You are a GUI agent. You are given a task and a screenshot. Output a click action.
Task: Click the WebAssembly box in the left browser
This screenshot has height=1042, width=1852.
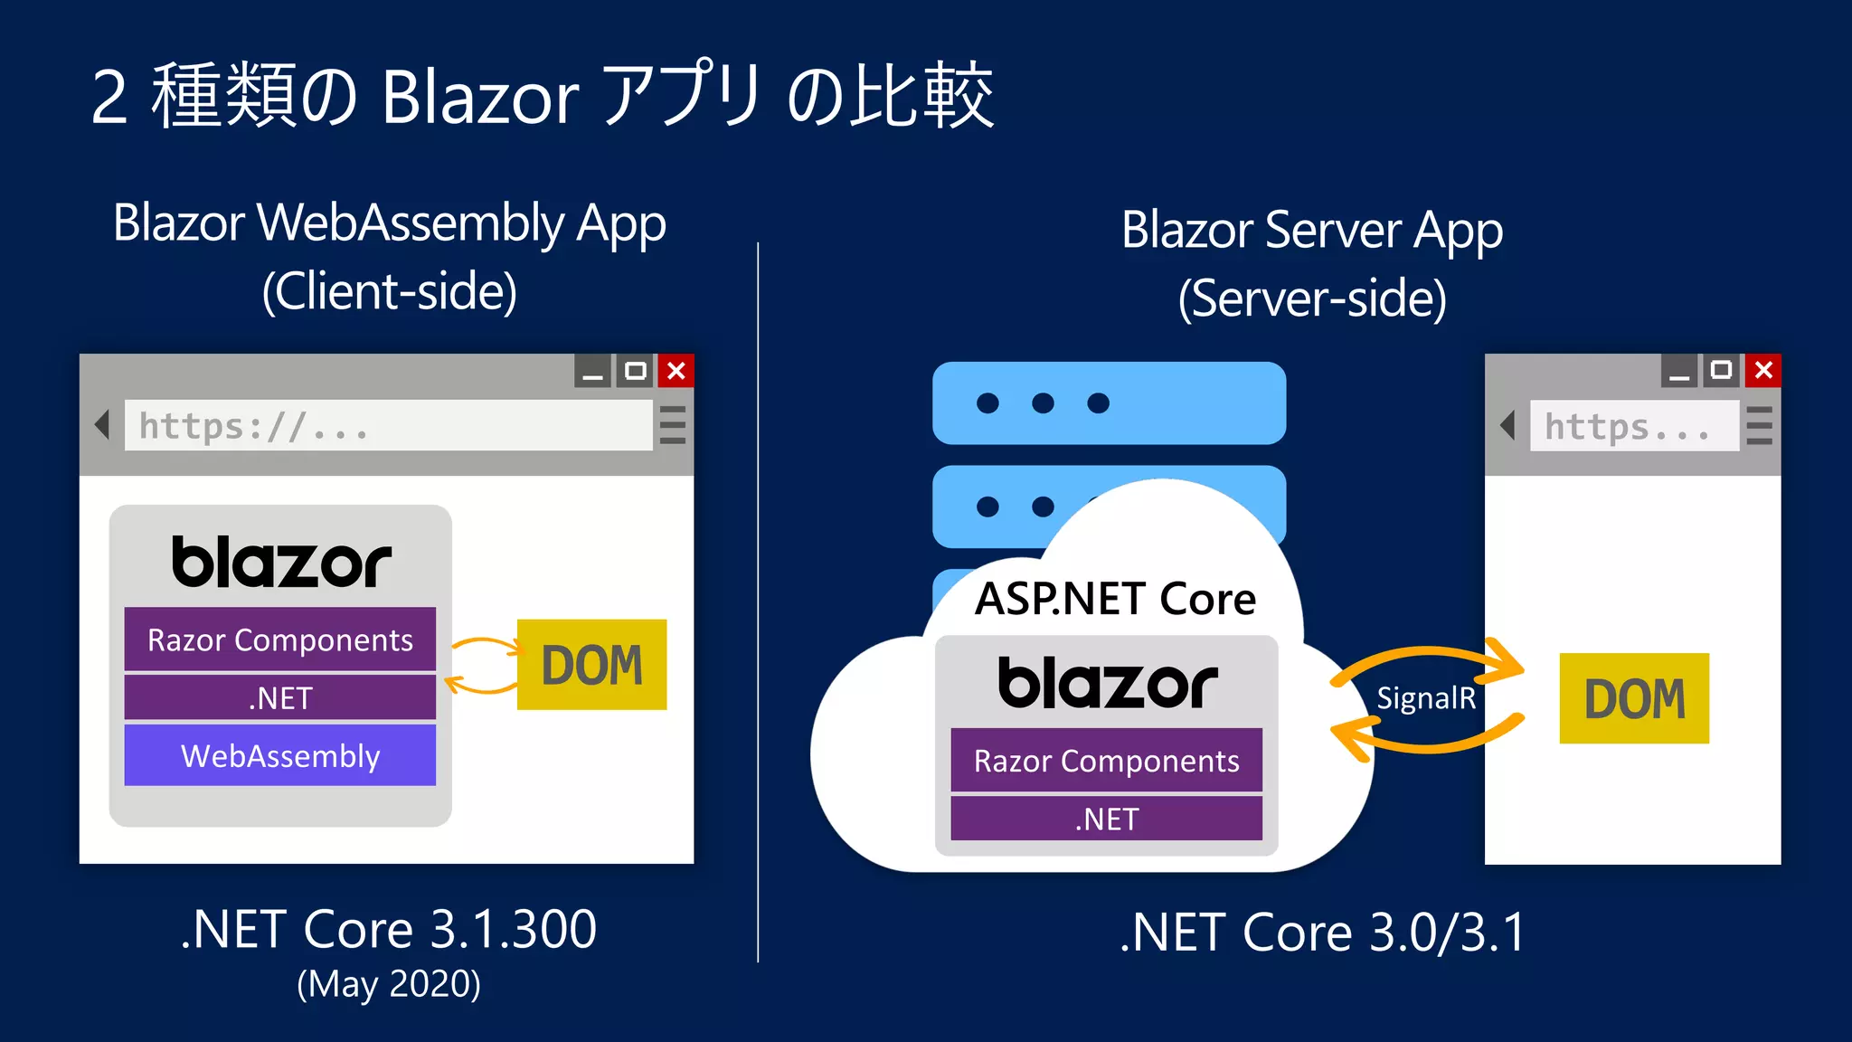click(279, 755)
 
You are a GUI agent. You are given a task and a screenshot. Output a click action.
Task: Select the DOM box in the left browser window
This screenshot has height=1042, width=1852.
click(591, 665)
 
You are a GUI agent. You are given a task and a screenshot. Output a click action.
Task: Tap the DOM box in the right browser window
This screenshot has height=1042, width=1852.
click(1634, 698)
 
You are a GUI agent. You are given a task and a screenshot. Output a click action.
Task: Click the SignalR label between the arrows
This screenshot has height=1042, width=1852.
click(1426, 698)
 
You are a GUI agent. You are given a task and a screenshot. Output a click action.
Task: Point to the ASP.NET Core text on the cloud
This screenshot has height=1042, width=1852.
click(1115, 599)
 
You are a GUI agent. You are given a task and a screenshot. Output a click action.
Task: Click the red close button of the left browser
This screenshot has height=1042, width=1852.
click(676, 371)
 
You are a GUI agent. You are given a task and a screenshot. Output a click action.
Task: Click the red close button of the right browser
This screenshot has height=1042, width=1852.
click(1763, 370)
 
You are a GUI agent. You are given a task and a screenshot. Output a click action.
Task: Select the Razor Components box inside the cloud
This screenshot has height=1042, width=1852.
click(1106, 761)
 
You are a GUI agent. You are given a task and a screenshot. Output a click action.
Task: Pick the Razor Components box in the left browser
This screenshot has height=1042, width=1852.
click(279, 639)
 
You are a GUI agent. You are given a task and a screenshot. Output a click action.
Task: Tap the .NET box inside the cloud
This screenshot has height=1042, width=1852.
click(1106, 819)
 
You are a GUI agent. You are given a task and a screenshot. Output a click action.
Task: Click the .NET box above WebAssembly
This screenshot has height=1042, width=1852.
click(279, 697)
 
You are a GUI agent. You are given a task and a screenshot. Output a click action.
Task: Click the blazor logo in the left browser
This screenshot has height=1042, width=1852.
click(281, 562)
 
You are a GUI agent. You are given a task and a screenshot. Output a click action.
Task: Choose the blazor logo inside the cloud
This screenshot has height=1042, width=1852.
click(1107, 683)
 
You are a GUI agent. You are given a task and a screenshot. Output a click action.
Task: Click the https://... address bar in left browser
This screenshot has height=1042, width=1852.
click(388, 425)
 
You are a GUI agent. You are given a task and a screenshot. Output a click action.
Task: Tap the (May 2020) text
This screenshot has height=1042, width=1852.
click(389, 984)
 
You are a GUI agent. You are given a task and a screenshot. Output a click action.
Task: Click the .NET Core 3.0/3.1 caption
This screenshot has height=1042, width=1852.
click(1322, 933)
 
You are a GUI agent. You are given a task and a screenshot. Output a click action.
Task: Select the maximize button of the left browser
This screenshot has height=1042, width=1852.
click(636, 371)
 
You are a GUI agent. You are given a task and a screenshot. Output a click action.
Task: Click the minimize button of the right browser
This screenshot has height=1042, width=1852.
click(1679, 371)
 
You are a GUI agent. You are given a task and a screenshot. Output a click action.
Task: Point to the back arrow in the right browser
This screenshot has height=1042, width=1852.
click(1507, 424)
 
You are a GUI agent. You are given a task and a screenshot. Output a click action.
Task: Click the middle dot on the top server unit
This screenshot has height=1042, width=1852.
click(1043, 403)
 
